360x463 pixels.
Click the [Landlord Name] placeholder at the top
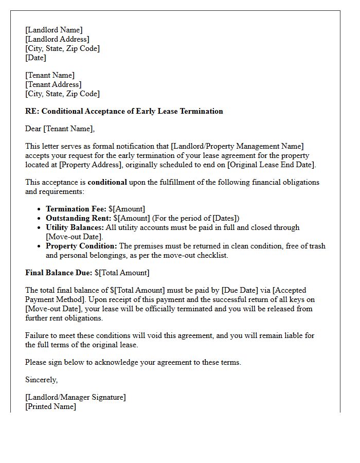pos(53,30)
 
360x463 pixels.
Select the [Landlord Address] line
pos(57,39)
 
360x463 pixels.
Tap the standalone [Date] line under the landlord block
pos(35,58)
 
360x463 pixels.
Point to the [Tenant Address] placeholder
pos(53,84)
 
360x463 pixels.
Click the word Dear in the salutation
pos(33,129)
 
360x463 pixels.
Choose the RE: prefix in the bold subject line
pos(31,111)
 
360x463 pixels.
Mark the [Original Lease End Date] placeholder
pos(271,165)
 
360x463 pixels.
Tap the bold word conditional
pos(107,182)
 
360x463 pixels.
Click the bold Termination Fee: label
pos(76,209)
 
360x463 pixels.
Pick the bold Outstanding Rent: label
pos(78,218)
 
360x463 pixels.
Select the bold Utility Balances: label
pos(75,227)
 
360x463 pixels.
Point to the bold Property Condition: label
pos(81,246)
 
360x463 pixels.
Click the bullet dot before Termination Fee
pos(40,209)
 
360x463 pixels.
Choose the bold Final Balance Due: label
pos(59,273)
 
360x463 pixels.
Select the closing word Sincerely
pos(41,380)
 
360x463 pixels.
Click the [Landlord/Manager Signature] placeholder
pos(75,397)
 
